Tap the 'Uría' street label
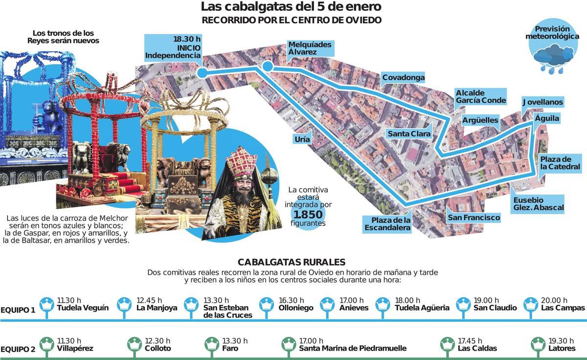click(x=302, y=139)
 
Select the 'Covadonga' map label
click(x=403, y=78)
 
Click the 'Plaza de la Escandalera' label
click(x=387, y=224)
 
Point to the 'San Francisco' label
click(x=474, y=218)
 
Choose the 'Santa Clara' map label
click(x=409, y=134)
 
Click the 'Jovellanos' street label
click(x=542, y=102)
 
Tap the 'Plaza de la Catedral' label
click(x=560, y=163)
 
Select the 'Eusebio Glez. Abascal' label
click(x=538, y=204)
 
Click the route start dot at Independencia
click(x=202, y=73)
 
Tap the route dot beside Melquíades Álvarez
click(x=267, y=67)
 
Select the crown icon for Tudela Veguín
click(x=46, y=305)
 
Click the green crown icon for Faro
click(x=212, y=344)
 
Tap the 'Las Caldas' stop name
click(x=477, y=349)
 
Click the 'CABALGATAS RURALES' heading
click(x=292, y=262)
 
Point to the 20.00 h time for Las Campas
click(x=554, y=300)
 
